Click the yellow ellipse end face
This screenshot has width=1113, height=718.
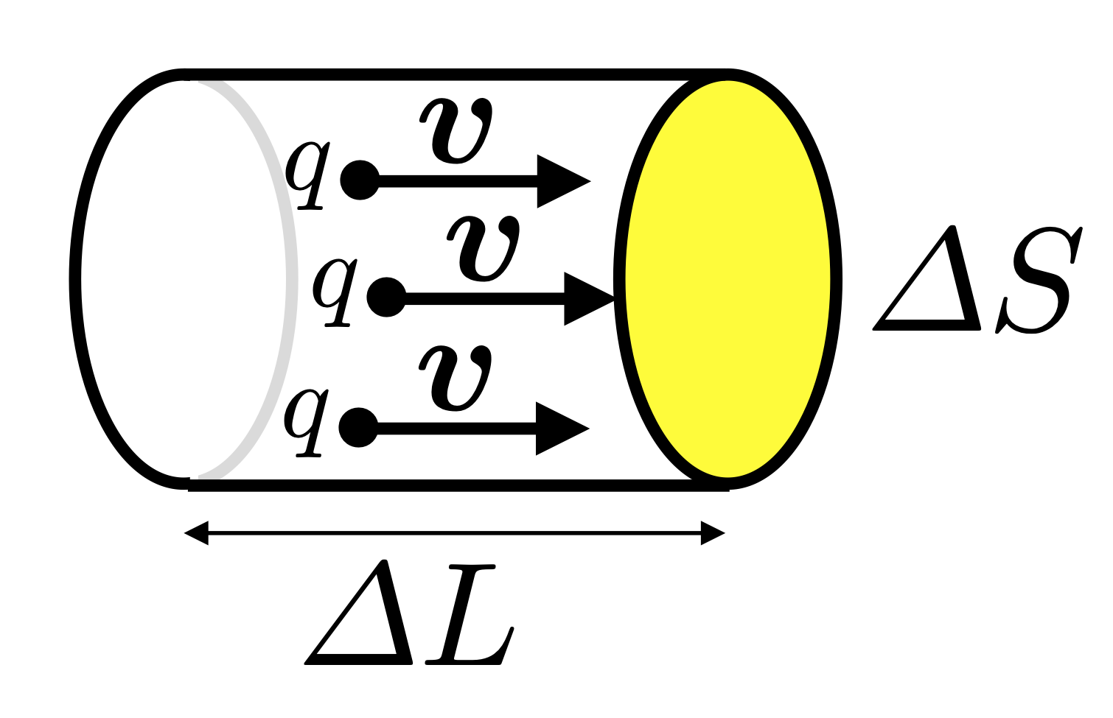[x=728, y=280]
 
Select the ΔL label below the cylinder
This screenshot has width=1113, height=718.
[x=410, y=615]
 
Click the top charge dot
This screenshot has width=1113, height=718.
[x=360, y=180]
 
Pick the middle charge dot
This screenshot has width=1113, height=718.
[x=386, y=298]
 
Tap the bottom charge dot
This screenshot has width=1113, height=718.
[x=358, y=427]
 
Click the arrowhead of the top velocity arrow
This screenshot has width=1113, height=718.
[x=562, y=181]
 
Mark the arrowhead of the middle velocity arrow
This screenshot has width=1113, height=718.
[x=587, y=298]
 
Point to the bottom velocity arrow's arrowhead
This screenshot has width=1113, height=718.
[x=560, y=428]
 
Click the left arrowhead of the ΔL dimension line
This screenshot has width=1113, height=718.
[x=197, y=532]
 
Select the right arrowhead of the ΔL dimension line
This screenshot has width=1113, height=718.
[x=713, y=532]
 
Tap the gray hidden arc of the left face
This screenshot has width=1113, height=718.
[x=290, y=280]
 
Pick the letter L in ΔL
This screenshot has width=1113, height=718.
[x=468, y=615]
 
